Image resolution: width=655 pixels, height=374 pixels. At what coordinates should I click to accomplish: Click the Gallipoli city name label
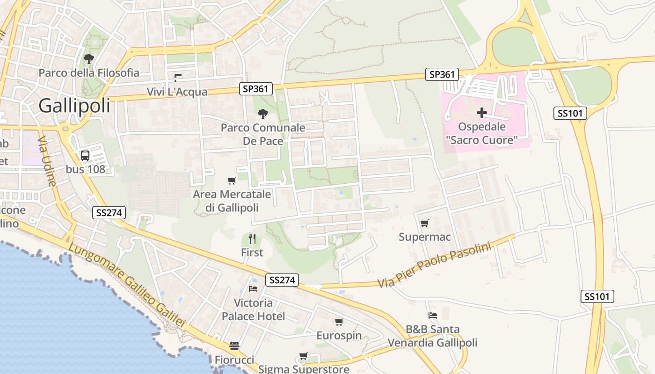pyautogui.click(x=74, y=106)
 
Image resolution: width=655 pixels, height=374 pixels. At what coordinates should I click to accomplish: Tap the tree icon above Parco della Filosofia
pyautogui.click(x=88, y=59)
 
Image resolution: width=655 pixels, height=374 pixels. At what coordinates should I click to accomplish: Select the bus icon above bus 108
pyautogui.click(x=85, y=156)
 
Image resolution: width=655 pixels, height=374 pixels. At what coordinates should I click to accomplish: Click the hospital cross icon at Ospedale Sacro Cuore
pyautogui.click(x=482, y=113)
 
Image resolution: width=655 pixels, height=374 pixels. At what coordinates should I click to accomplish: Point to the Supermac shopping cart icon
pyautogui.click(x=424, y=223)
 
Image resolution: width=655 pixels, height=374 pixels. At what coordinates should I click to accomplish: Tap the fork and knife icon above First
pyautogui.click(x=252, y=239)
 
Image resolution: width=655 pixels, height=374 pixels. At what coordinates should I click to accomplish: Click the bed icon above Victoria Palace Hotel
pyautogui.click(x=253, y=289)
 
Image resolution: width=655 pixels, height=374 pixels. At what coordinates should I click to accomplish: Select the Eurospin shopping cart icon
pyautogui.click(x=339, y=322)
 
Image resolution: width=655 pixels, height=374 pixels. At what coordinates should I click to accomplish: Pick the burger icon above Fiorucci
pyautogui.click(x=234, y=346)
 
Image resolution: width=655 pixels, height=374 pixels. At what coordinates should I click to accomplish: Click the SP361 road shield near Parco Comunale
pyautogui.click(x=256, y=89)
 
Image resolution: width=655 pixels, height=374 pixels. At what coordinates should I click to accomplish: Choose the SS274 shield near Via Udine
pyautogui.click(x=109, y=213)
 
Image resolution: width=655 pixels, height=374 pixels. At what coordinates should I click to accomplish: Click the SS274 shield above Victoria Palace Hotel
pyautogui.click(x=282, y=280)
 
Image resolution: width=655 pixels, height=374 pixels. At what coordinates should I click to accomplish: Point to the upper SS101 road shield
pyautogui.click(x=570, y=113)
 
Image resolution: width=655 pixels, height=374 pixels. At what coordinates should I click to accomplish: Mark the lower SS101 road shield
pyautogui.click(x=597, y=296)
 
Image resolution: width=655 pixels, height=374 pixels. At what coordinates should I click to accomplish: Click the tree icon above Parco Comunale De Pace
pyautogui.click(x=263, y=114)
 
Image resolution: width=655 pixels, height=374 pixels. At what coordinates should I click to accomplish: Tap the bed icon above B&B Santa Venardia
pyautogui.click(x=433, y=316)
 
